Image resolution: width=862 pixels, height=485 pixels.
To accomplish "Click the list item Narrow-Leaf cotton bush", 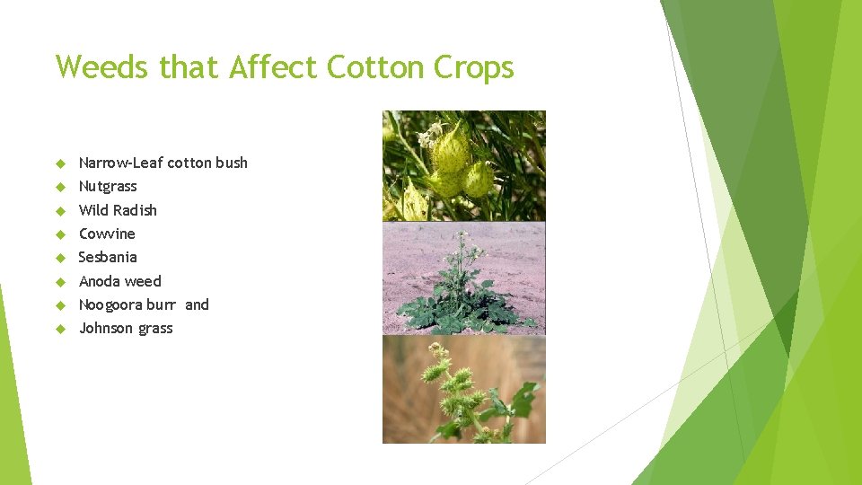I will tap(163, 163).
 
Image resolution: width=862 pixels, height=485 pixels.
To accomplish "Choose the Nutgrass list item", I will tap(108, 186).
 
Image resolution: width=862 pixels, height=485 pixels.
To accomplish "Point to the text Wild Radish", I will tap(118, 210).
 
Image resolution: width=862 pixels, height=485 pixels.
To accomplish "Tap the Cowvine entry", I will tap(107, 234).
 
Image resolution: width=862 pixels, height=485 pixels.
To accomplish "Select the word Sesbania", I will tap(108, 257).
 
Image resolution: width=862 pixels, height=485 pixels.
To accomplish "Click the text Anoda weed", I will tap(120, 281).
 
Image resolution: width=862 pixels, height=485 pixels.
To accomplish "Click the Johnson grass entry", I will tap(126, 328).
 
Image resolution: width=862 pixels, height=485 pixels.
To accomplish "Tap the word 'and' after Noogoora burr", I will tap(197, 304).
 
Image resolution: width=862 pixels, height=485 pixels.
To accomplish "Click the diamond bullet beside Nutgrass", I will tap(61, 187).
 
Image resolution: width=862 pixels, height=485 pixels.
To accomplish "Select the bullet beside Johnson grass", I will tap(61, 329).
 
